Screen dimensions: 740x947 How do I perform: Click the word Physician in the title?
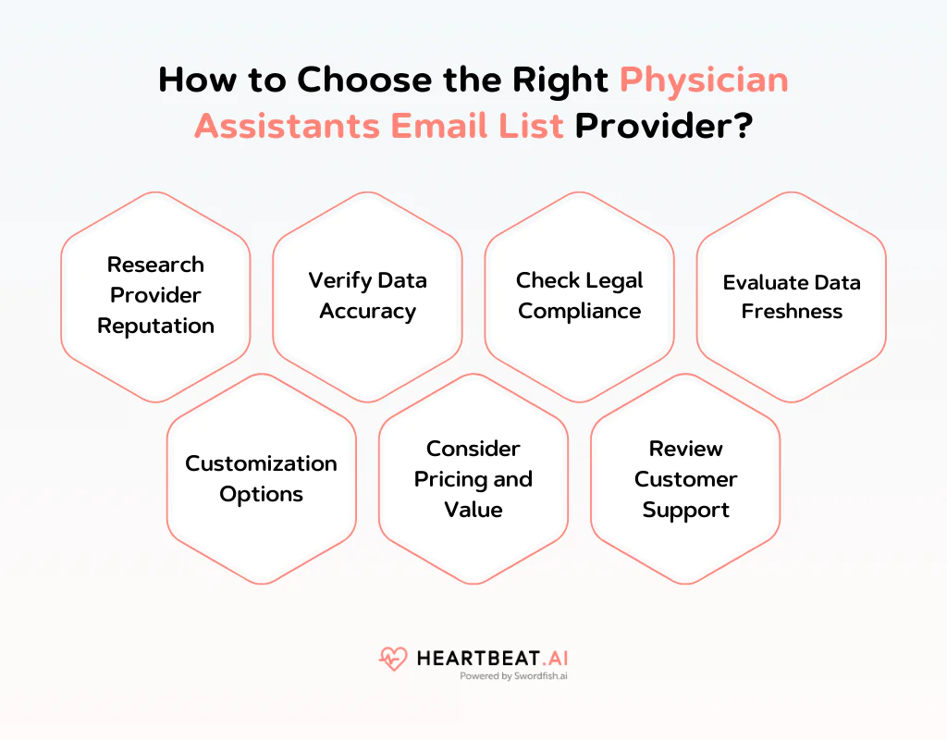[x=704, y=80]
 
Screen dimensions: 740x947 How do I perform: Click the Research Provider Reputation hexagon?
[x=155, y=296]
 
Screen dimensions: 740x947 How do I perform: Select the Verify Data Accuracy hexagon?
[x=367, y=296]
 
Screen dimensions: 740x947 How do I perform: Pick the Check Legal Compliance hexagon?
[x=579, y=296]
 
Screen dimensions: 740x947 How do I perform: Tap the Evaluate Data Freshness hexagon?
[x=792, y=296]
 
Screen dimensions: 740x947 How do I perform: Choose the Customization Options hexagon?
[x=262, y=478]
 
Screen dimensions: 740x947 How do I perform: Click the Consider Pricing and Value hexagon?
[x=473, y=478]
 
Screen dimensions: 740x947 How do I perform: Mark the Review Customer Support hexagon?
[x=685, y=478]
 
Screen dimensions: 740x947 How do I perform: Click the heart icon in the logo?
[x=393, y=659]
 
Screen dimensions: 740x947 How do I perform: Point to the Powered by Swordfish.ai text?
[x=512, y=676]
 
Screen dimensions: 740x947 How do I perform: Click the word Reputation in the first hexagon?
[x=155, y=327]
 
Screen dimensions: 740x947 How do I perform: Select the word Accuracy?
[x=367, y=312]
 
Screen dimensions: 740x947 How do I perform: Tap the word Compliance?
[x=579, y=312]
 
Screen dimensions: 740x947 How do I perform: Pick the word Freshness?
[x=792, y=312]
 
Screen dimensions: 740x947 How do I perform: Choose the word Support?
[x=685, y=510]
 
